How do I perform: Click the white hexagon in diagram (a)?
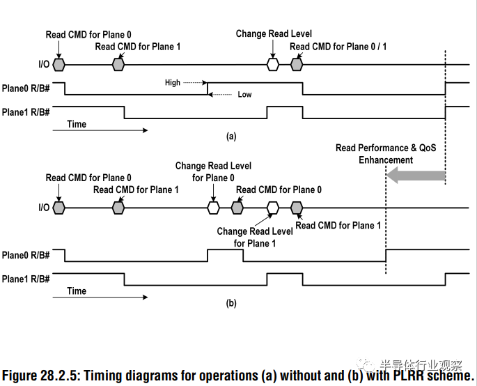[273, 65]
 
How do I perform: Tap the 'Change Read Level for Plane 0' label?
[213, 171]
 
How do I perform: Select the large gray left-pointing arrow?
[416, 176]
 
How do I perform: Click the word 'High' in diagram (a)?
[173, 82]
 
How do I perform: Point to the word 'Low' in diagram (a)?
[244, 94]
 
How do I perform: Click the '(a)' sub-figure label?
[231, 136]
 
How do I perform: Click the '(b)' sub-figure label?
[231, 303]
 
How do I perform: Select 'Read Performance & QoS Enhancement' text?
[386, 154]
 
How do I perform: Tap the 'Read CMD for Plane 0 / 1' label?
[338, 47]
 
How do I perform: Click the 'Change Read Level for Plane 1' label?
[255, 238]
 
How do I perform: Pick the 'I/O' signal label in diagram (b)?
[44, 208]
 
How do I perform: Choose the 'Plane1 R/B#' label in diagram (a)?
[26, 112]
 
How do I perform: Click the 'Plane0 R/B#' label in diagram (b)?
[26, 255]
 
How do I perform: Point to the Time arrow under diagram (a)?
[100, 130]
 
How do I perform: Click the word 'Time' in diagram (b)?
[77, 291]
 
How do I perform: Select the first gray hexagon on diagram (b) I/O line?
[58, 208]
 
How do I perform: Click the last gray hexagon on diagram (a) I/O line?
[297, 65]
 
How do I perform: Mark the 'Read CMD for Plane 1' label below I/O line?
[338, 225]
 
